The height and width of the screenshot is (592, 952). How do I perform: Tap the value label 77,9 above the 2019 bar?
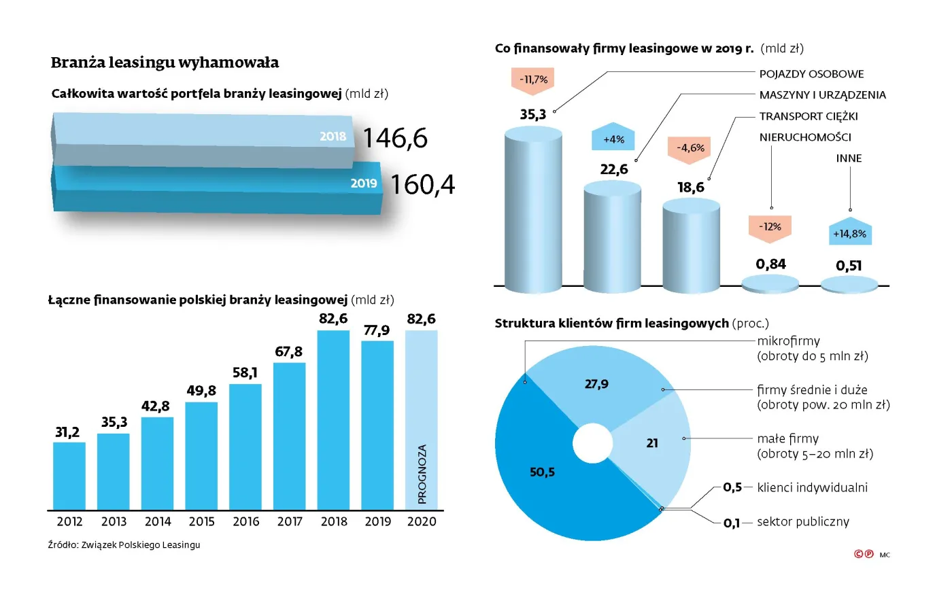point(377,330)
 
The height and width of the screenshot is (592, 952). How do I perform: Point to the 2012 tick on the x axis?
point(69,521)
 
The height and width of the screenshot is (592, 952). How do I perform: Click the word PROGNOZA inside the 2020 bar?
point(422,474)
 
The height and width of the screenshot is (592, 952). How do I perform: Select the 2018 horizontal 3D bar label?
point(333,137)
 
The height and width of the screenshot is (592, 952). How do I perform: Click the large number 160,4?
point(422,185)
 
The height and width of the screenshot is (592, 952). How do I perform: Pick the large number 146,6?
point(395,139)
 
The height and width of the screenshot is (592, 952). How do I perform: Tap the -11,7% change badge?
point(533,80)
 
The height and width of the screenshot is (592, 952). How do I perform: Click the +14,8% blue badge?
point(849,234)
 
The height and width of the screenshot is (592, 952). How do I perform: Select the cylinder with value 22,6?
point(612,238)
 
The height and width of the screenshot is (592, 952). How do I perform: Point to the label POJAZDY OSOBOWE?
point(811,74)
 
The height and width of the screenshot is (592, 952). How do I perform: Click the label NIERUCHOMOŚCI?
point(805,137)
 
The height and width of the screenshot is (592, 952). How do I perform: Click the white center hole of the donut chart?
point(592,443)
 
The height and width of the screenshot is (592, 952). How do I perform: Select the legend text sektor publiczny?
point(803,522)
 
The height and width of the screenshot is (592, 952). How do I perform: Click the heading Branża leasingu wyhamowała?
point(165,63)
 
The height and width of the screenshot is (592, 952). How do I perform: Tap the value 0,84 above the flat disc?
point(770,264)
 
